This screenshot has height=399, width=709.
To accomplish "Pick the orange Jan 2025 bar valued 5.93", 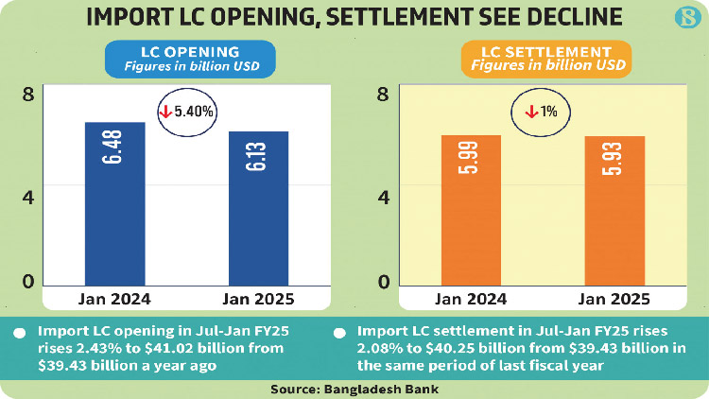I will click(614, 211).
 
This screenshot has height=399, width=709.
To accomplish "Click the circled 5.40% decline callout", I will click(187, 111).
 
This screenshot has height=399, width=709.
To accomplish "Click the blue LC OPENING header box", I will click(189, 59).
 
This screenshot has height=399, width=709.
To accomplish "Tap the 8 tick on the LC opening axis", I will click(28, 94).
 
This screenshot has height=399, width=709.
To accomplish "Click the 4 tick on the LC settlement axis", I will click(383, 198).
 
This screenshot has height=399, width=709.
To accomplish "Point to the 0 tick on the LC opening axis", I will click(28, 281).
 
